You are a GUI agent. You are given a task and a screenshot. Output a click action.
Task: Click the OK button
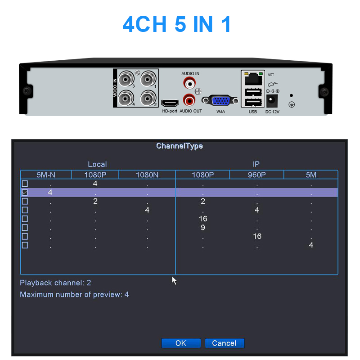click(x=180, y=343)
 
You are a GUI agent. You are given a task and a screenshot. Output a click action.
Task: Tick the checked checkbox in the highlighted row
click(x=25, y=193)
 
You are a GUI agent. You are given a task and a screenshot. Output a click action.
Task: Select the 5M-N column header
click(x=45, y=175)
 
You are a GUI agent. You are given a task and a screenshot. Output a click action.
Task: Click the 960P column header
click(x=256, y=175)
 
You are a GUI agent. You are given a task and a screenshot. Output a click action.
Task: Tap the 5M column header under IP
click(x=311, y=175)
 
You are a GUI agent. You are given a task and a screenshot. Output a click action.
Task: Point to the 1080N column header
click(x=147, y=175)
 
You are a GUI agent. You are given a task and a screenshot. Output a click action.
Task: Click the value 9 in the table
click(x=203, y=228)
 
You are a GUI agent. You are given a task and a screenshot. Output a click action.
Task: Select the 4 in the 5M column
click(x=311, y=245)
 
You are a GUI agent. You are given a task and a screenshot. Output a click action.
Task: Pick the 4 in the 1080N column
click(x=147, y=210)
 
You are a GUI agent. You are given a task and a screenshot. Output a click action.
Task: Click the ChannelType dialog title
click(x=180, y=146)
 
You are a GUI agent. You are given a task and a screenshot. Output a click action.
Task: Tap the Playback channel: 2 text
click(x=55, y=283)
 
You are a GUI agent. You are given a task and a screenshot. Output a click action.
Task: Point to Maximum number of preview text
click(x=74, y=295)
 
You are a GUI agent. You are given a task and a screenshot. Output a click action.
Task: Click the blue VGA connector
click(x=220, y=101)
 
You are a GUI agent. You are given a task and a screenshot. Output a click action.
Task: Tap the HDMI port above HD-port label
click(x=170, y=102)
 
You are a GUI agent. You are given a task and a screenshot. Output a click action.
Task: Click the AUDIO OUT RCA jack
click(x=189, y=99)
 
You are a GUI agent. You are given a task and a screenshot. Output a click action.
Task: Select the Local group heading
click(x=97, y=164)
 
